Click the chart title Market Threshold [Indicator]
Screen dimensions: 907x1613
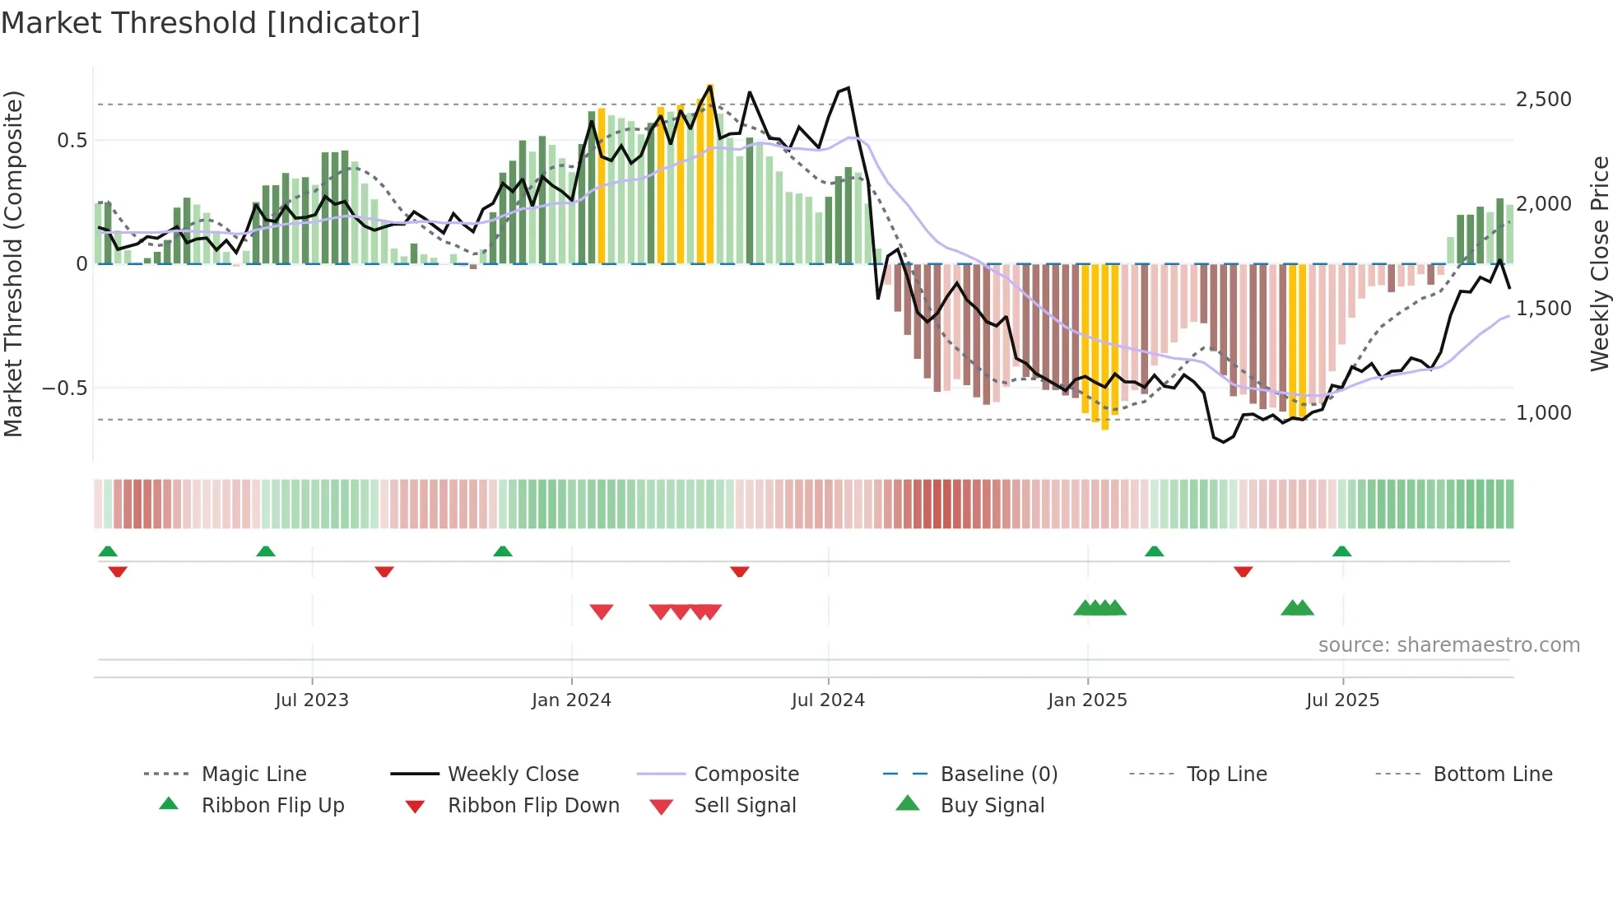211,23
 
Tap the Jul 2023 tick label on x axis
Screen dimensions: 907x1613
312,700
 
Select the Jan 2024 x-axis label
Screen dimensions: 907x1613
571,700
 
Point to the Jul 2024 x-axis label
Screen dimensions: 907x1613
828,700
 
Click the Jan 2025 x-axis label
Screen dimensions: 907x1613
1087,700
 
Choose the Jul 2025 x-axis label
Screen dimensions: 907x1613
1342,700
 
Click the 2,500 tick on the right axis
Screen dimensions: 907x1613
1543,100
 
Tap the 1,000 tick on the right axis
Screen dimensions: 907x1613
1543,412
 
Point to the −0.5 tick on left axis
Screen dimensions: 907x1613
64,388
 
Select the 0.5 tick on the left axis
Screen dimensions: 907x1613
72,140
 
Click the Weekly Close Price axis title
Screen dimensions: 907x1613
1599,263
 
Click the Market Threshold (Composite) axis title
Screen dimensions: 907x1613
13,263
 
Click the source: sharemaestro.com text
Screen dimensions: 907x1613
1448,644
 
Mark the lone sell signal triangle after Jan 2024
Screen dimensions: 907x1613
602,612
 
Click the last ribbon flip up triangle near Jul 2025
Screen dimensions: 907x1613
1341,551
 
